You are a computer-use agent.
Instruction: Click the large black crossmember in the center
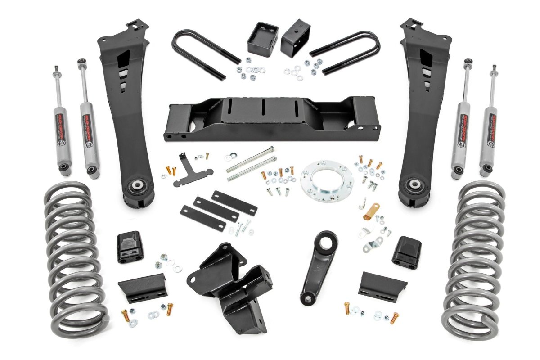click(270, 118)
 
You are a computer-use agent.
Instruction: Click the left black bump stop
click(130, 247)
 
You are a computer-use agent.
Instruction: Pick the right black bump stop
click(406, 252)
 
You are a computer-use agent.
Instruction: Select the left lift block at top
click(263, 39)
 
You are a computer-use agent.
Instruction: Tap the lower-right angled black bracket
click(382, 285)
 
